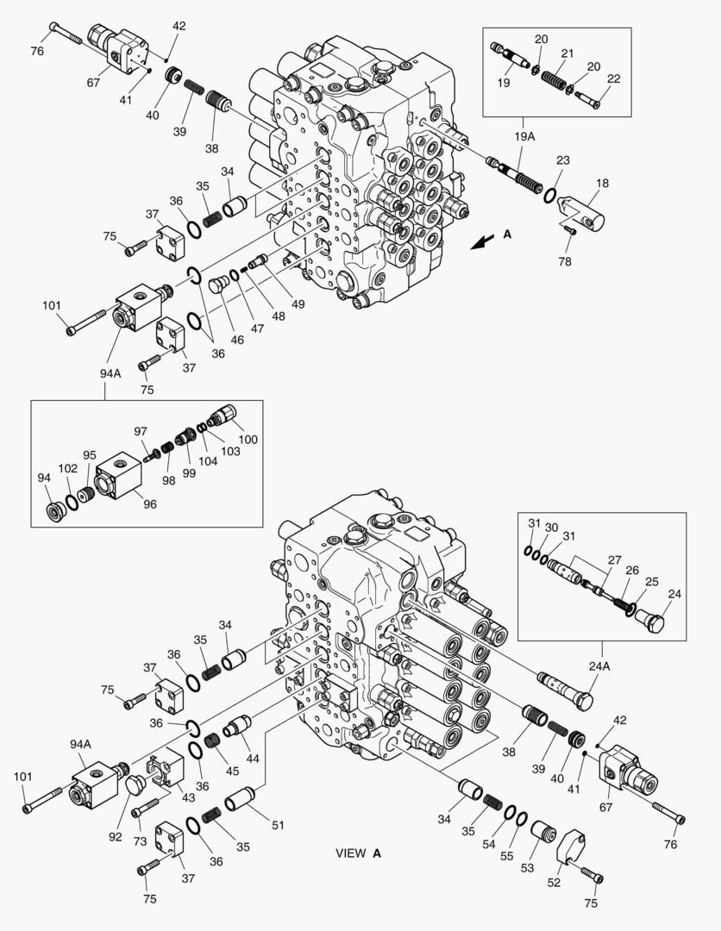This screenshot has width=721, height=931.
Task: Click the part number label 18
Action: point(601,183)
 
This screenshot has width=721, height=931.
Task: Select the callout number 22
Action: point(613,78)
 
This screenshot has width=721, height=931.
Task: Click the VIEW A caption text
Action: point(358,853)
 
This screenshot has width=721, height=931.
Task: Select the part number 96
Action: point(149,504)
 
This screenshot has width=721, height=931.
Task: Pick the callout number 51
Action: point(277,825)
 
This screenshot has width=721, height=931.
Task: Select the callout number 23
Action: point(561,159)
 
